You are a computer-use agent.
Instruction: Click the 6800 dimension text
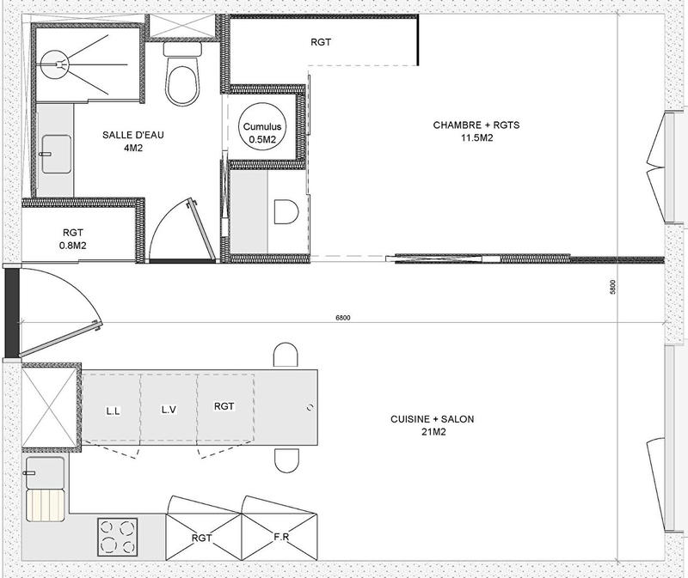(344, 318)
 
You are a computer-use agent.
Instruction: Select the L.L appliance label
(113, 410)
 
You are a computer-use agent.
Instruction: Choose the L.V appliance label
(169, 410)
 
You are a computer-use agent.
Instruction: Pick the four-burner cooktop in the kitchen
(117, 536)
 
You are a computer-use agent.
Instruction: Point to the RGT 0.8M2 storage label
(72, 239)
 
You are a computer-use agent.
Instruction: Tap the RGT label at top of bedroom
(321, 41)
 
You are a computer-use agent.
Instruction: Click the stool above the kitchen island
(286, 356)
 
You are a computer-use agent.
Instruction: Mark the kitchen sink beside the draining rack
(44, 472)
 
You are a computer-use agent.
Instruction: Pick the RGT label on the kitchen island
(224, 406)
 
